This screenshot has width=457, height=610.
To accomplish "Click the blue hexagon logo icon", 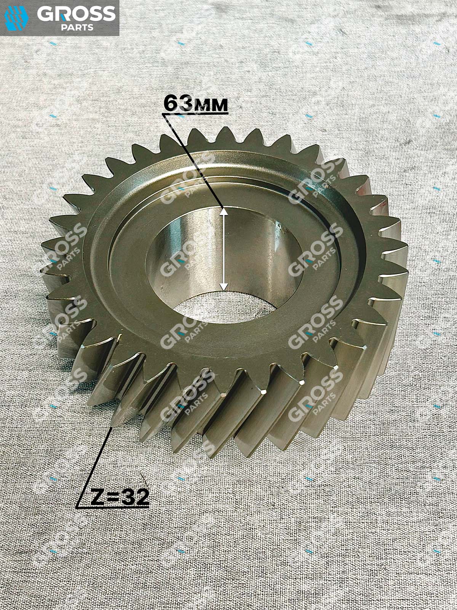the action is click(x=17, y=18).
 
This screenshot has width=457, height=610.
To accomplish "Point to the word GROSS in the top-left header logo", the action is click(x=76, y=14).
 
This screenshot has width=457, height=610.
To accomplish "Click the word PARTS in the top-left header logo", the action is click(x=77, y=27).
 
